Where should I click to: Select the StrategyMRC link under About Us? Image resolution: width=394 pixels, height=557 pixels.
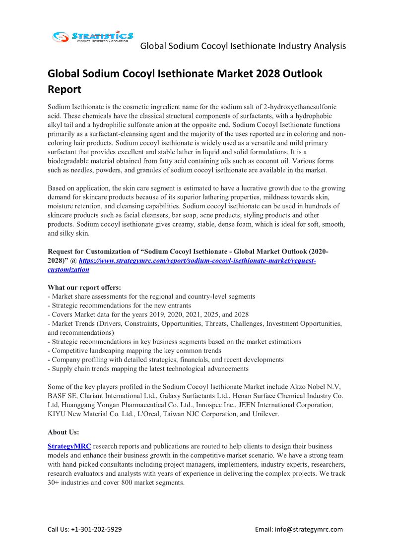pos(69,446)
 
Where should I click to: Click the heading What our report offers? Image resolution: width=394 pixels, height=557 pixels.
pos(84,288)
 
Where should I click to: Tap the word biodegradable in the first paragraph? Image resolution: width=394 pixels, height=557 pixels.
pos(71,161)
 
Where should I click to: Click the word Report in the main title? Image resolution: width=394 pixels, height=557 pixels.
pos(64,90)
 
